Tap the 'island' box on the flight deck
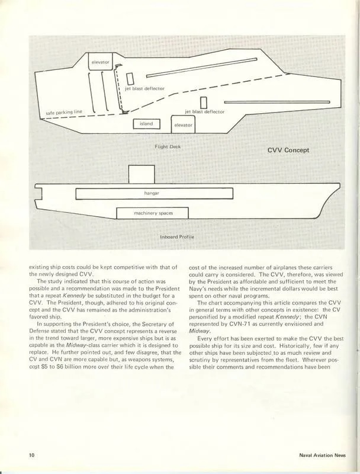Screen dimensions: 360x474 click(146, 124)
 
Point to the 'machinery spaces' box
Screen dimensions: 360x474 click(152, 213)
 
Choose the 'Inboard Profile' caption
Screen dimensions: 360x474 click(177, 238)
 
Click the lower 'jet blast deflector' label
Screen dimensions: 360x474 click(205, 111)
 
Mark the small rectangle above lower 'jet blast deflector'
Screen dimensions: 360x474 click(204, 102)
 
